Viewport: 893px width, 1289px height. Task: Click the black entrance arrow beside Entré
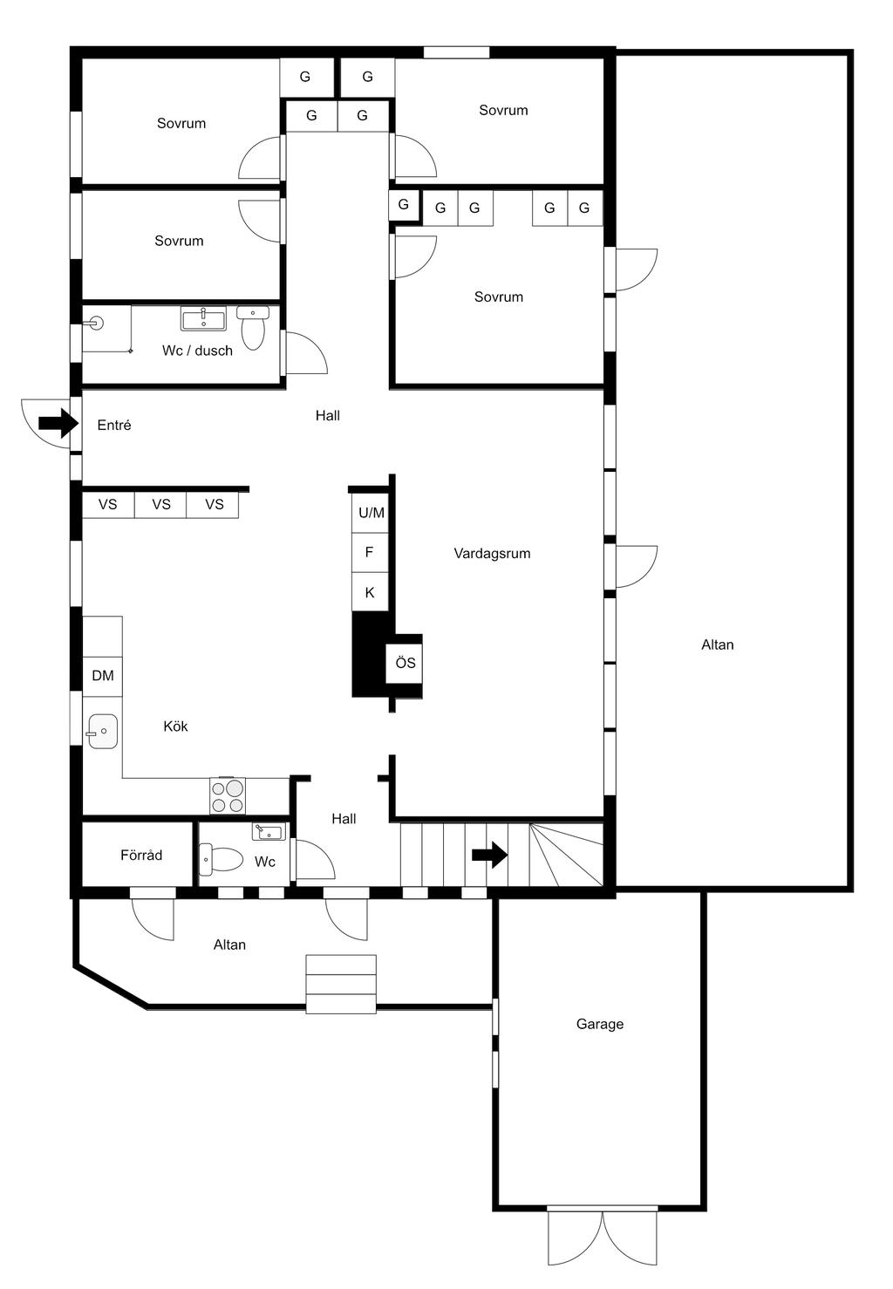[58, 425]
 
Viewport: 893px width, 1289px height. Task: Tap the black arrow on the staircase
[489, 855]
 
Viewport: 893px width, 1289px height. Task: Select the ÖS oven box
[405, 664]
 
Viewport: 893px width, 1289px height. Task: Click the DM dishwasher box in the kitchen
[103, 676]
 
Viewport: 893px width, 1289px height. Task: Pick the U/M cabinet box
[371, 513]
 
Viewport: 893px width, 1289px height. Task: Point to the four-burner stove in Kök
[228, 795]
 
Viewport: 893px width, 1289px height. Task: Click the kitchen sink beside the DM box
[103, 732]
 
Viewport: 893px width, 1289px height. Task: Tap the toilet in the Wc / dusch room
[253, 328]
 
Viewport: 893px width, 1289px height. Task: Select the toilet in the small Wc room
[222, 859]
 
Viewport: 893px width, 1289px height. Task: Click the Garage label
[599, 1024]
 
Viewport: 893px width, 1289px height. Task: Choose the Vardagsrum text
[492, 553]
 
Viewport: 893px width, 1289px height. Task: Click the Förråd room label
[141, 856]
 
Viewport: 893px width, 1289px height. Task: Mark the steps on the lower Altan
[341, 984]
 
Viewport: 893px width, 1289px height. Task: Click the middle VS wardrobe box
[161, 504]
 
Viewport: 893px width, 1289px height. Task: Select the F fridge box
[369, 552]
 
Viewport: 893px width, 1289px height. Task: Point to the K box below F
[369, 592]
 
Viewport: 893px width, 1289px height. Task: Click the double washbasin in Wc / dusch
[203, 318]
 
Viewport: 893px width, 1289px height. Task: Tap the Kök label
[175, 726]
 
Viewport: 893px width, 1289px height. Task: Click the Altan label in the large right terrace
[717, 644]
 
